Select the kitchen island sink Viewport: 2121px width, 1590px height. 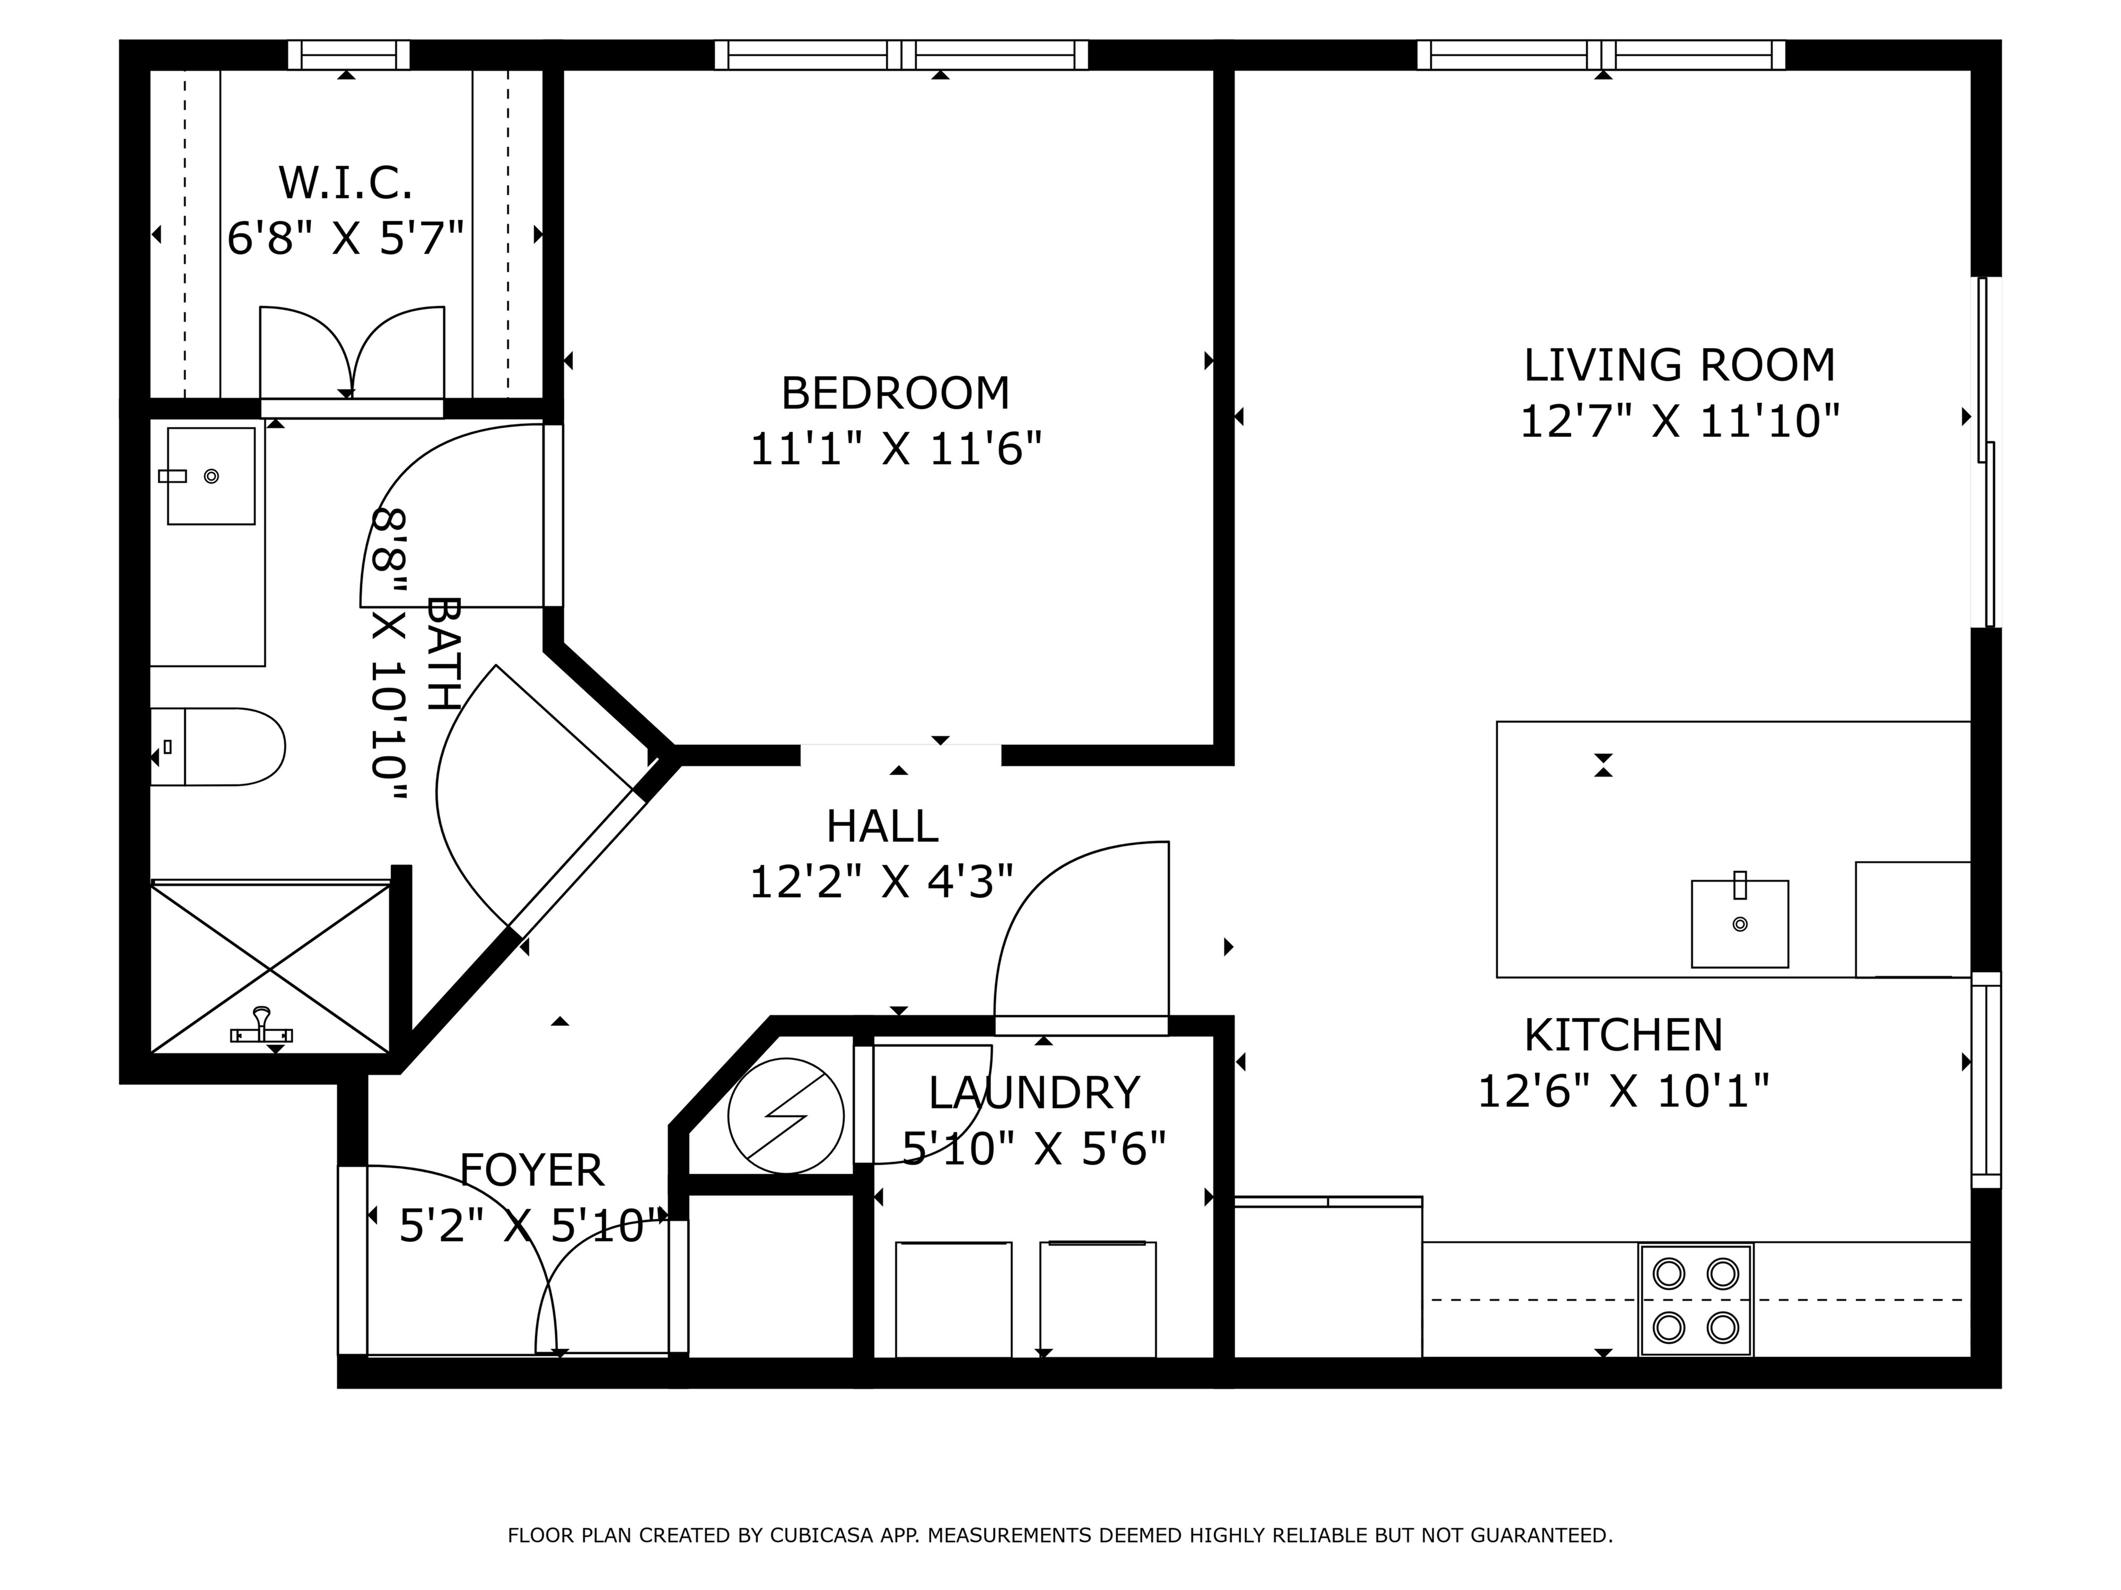point(1739,923)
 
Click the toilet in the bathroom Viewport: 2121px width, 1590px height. point(217,747)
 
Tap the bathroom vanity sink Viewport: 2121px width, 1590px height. point(211,475)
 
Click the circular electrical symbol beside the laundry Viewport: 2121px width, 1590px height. point(785,1116)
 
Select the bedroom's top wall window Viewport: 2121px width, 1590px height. point(901,55)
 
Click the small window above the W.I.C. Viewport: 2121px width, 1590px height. point(349,55)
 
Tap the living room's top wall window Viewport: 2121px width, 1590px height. point(1601,55)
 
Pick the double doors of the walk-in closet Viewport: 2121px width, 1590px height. point(352,355)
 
